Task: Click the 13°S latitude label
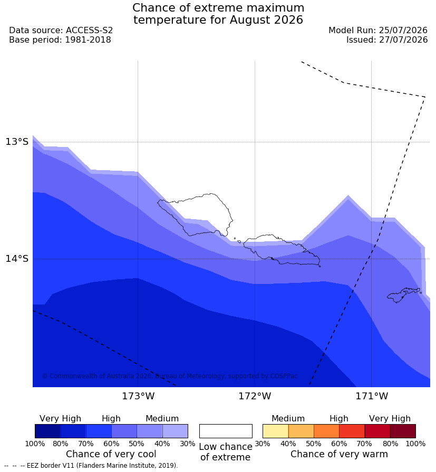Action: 17,142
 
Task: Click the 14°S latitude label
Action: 17,258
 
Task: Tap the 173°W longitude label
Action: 138,396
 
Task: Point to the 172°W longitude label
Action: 255,396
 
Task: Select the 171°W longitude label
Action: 372,396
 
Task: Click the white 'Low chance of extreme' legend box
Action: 226,431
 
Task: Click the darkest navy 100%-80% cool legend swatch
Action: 47,431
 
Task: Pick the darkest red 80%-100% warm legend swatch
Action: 403,431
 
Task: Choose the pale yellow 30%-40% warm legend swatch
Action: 275,431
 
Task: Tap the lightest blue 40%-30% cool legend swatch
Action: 175,431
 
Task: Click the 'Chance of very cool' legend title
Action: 111,454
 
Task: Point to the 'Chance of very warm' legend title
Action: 339,454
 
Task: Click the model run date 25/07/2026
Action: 403,31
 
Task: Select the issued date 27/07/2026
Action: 403,40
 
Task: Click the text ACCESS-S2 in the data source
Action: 89,31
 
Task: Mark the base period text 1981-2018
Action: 88,40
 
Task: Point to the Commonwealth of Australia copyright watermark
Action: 170,376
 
